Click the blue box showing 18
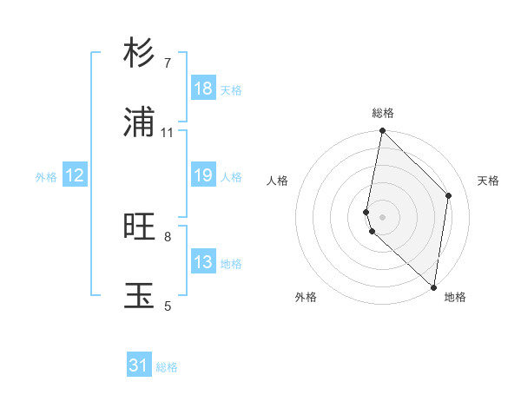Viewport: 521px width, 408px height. [203, 89]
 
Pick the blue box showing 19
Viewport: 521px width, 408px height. [203, 175]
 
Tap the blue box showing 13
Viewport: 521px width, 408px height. [203, 262]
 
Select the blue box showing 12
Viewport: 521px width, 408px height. [75, 175]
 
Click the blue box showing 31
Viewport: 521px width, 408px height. [139, 365]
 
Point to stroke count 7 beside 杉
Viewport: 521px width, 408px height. [168, 63]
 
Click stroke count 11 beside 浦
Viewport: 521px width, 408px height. [168, 133]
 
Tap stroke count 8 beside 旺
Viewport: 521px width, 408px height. [168, 236]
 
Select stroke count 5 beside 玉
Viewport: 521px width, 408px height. [168, 305]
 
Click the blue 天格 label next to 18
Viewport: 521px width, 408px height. [231, 90]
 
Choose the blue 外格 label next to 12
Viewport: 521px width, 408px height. [46, 177]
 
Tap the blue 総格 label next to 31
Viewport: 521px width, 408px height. [167, 367]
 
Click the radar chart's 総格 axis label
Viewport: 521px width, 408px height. [383, 113]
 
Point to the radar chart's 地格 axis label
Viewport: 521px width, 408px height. [455, 297]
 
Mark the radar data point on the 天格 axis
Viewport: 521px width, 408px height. [449, 195]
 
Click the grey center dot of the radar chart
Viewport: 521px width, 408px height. [383, 216]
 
